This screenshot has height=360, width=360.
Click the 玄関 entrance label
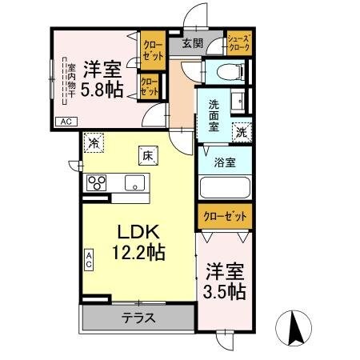point(192,44)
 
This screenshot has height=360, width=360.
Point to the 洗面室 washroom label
point(214,115)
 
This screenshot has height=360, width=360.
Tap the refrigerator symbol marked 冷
point(94,145)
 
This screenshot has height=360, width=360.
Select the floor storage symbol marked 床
point(147,155)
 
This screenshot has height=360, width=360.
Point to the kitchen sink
point(133,182)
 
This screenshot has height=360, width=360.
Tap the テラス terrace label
point(138,318)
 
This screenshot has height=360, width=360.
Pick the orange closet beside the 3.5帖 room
point(225,216)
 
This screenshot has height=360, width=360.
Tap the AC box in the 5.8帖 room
point(64,121)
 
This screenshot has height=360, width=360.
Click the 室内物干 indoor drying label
point(71,80)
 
